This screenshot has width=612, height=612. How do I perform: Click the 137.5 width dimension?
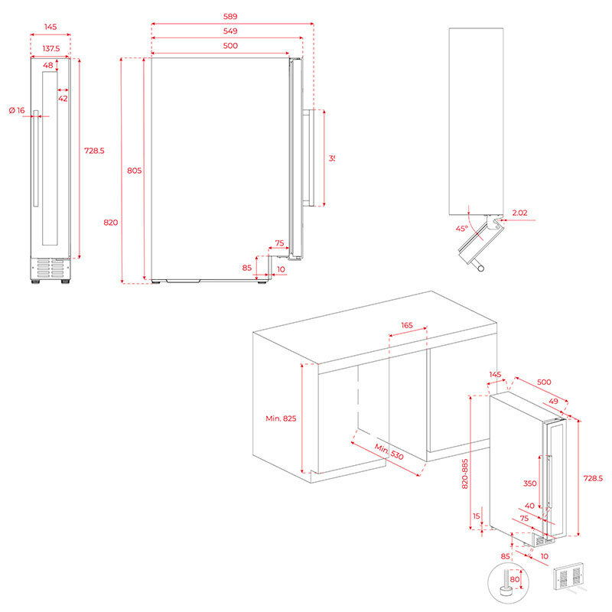[x=50, y=47]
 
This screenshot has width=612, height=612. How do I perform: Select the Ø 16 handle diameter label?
[x=17, y=111]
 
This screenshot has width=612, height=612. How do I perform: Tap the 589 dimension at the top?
[x=230, y=17]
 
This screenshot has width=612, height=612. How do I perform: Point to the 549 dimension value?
[x=230, y=31]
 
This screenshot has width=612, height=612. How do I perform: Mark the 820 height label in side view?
[x=110, y=223]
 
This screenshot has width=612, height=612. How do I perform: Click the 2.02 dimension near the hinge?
[x=520, y=212]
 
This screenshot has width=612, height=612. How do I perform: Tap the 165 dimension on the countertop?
[x=406, y=325]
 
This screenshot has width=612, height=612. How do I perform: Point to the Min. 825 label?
[x=281, y=418]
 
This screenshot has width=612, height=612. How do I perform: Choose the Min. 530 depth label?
[x=389, y=452]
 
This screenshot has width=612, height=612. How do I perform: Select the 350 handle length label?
[x=529, y=483]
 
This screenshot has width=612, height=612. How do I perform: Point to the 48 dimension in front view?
[x=48, y=66]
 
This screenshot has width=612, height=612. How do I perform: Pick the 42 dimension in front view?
[x=63, y=98]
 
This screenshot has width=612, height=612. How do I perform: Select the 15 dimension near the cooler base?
[x=477, y=516]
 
